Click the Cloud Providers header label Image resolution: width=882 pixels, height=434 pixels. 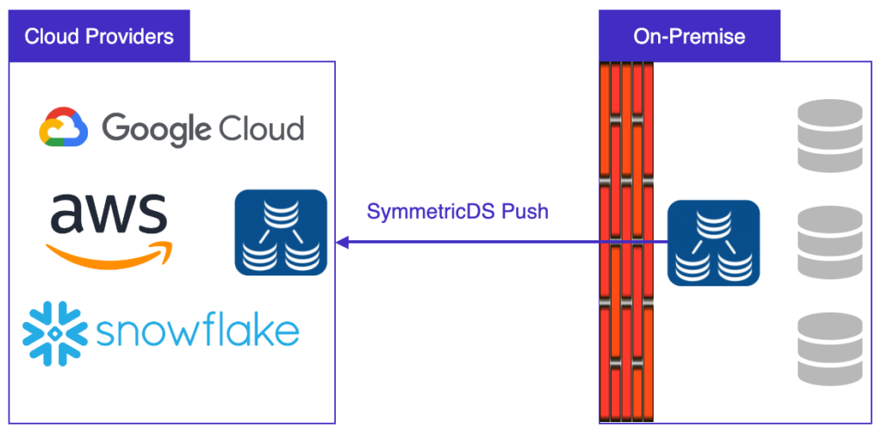coord(99,36)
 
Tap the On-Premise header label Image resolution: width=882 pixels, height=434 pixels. coord(689,36)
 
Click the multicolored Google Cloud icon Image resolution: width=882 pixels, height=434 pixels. coord(64,127)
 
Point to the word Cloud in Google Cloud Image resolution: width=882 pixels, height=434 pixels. coord(262,128)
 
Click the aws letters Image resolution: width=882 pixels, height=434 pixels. coord(109,214)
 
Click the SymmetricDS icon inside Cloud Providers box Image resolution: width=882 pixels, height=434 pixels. coord(281,232)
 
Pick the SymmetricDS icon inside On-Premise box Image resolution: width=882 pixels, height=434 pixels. coord(713,243)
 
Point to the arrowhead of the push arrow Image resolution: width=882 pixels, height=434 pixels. coord(342,243)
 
